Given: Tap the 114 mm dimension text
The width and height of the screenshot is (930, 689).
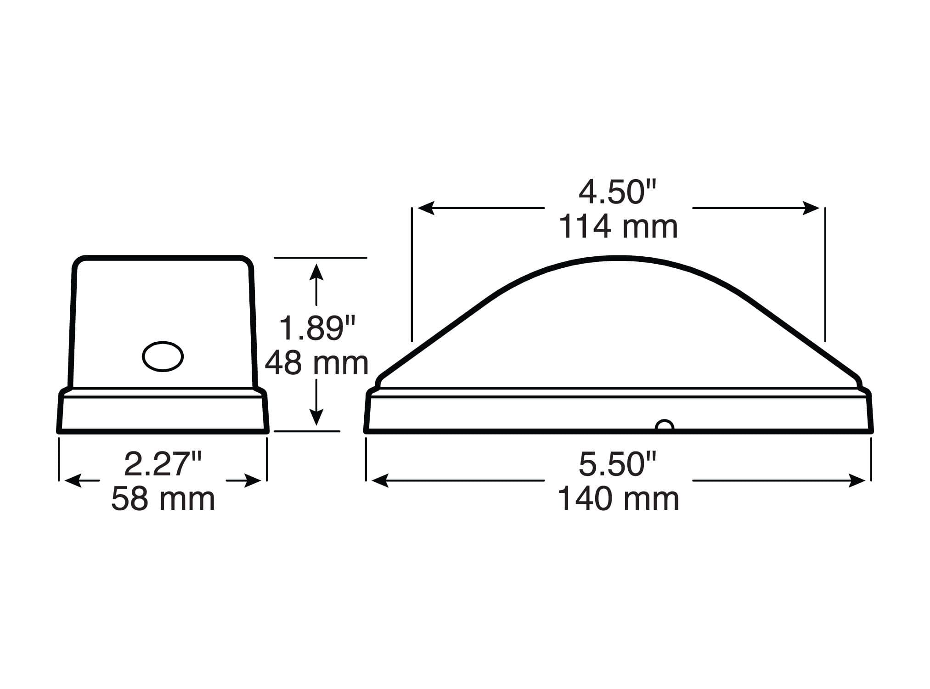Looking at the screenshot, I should tap(618, 227).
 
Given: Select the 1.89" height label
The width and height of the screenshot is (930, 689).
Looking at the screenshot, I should tap(317, 328).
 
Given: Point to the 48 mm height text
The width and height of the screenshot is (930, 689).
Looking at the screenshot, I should tap(317, 363).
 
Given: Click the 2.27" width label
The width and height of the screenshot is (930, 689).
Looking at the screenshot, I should tap(163, 464).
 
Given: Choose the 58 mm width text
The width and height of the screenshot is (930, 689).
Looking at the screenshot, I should tap(163, 499).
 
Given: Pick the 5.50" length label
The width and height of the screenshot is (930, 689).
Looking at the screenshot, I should tap(618, 464).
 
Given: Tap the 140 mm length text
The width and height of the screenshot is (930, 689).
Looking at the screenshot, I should tap(618, 499).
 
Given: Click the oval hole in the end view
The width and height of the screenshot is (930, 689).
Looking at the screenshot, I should tap(163, 356).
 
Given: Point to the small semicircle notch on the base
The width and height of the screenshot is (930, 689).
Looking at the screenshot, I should tap(665, 426).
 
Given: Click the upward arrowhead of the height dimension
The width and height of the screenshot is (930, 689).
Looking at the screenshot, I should tap(316, 272).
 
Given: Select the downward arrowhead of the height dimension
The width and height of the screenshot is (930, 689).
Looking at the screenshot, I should tap(316, 417).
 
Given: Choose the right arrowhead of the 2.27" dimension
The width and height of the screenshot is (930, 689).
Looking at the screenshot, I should tap(253, 481).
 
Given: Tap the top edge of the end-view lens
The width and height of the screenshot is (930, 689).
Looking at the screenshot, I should tap(163, 258).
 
